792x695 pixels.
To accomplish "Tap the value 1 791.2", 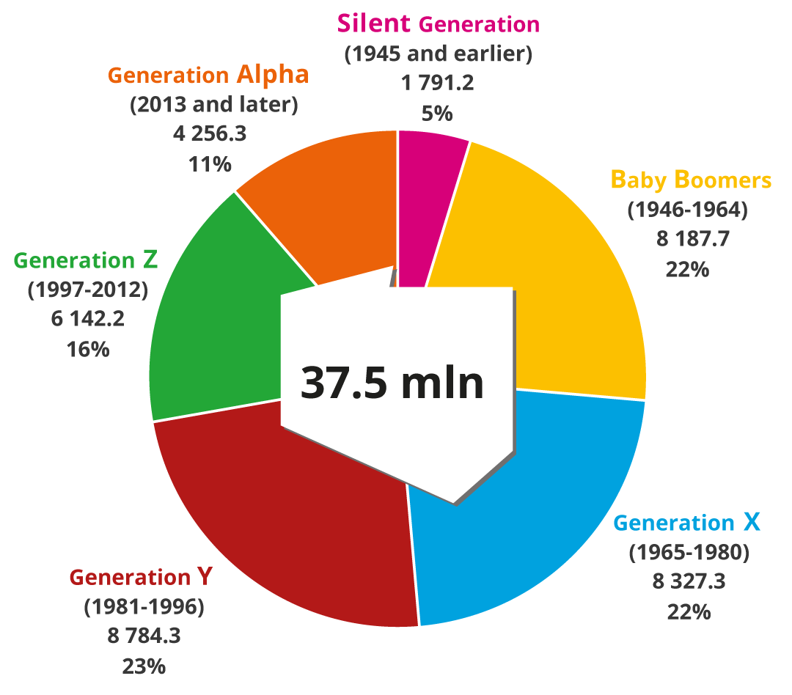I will click(x=438, y=83).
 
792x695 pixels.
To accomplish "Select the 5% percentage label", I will click(x=437, y=114).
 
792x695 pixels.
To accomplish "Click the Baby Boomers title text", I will click(x=691, y=180).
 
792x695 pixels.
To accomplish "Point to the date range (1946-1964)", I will click(x=687, y=210).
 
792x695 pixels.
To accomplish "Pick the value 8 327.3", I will click(x=689, y=581).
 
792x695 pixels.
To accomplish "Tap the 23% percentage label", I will click(x=144, y=666).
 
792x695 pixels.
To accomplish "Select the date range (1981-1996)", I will click(x=144, y=606).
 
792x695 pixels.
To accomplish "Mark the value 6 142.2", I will click(x=88, y=319).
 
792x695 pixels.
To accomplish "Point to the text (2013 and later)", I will click(x=214, y=105).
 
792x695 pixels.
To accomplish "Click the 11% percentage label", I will click(x=210, y=163).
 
